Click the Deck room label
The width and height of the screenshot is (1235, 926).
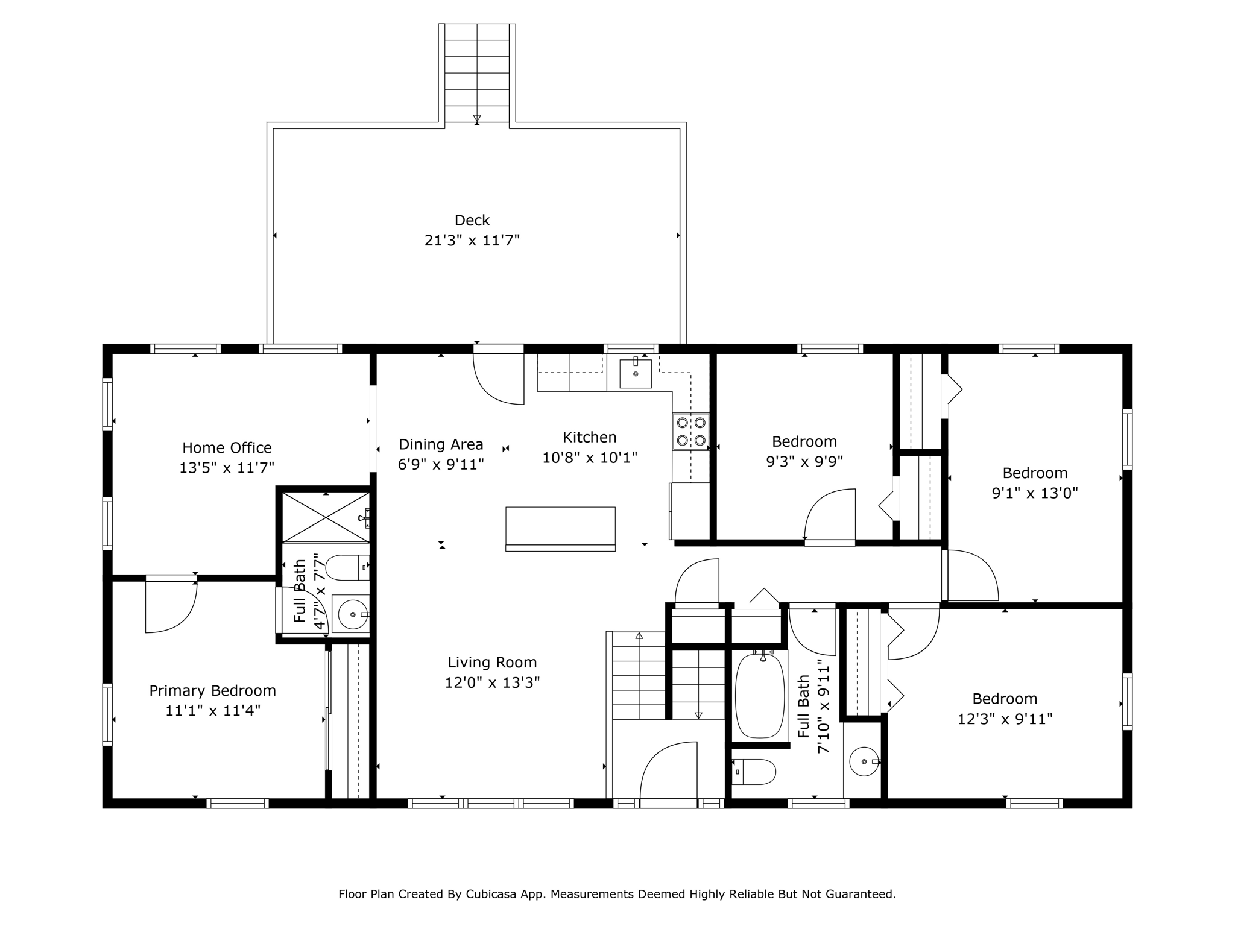click(x=472, y=220)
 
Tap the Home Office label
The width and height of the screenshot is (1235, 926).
click(x=227, y=447)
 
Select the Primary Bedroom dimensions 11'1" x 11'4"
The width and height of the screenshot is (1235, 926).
click(x=213, y=711)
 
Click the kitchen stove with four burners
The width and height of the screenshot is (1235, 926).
click(x=691, y=432)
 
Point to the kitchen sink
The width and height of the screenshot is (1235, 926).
click(x=636, y=373)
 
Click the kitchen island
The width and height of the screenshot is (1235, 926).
click(x=560, y=529)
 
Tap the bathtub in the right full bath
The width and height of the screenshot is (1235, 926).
click(x=760, y=695)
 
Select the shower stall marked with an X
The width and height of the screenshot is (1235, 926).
click(x=326, y=517)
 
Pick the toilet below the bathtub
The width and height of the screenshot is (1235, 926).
click(x=754, y=772)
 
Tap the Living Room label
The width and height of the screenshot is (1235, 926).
click(x=492, y=662)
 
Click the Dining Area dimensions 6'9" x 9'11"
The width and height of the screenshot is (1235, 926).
click(x=441, y=464)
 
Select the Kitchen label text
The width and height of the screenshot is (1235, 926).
click(x=590, y=437)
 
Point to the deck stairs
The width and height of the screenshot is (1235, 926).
click(x=477, y=72)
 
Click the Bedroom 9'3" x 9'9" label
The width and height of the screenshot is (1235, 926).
click(x=804, y=451)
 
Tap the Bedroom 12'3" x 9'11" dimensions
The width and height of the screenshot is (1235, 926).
click(x=1005, y=719)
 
